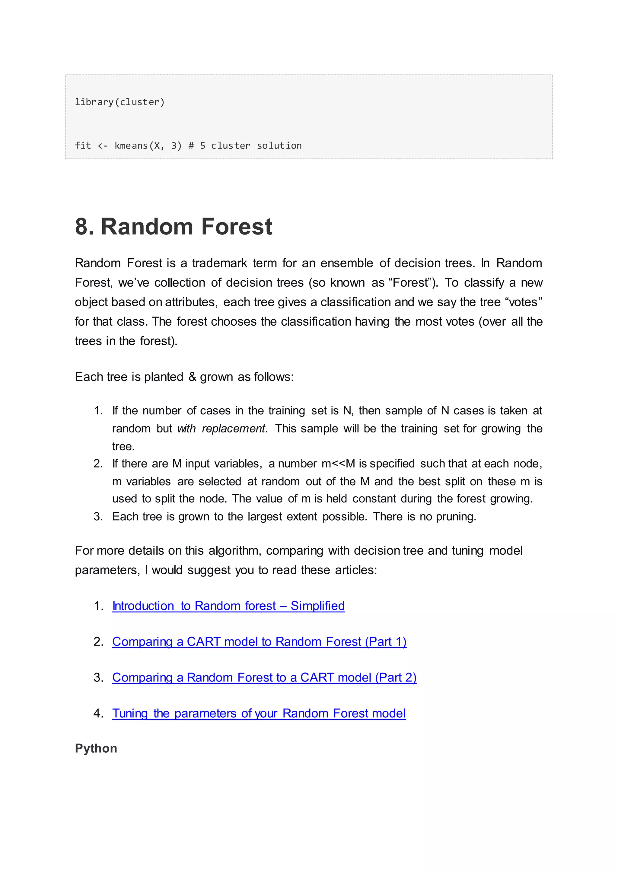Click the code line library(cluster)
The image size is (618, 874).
[x=119, y=102]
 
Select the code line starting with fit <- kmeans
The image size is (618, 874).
[x=188, y=146]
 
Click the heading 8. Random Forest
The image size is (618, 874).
[x=174, y=227]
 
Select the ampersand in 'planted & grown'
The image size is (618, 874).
[x=192, y=377]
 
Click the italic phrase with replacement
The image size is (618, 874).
[x=221, y=429]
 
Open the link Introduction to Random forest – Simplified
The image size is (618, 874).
[x=228, y=606]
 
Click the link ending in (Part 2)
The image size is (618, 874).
[x=264, y=677]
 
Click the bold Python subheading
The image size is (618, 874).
[x=96, y=748]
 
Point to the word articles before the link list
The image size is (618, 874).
[x=356, y=570]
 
